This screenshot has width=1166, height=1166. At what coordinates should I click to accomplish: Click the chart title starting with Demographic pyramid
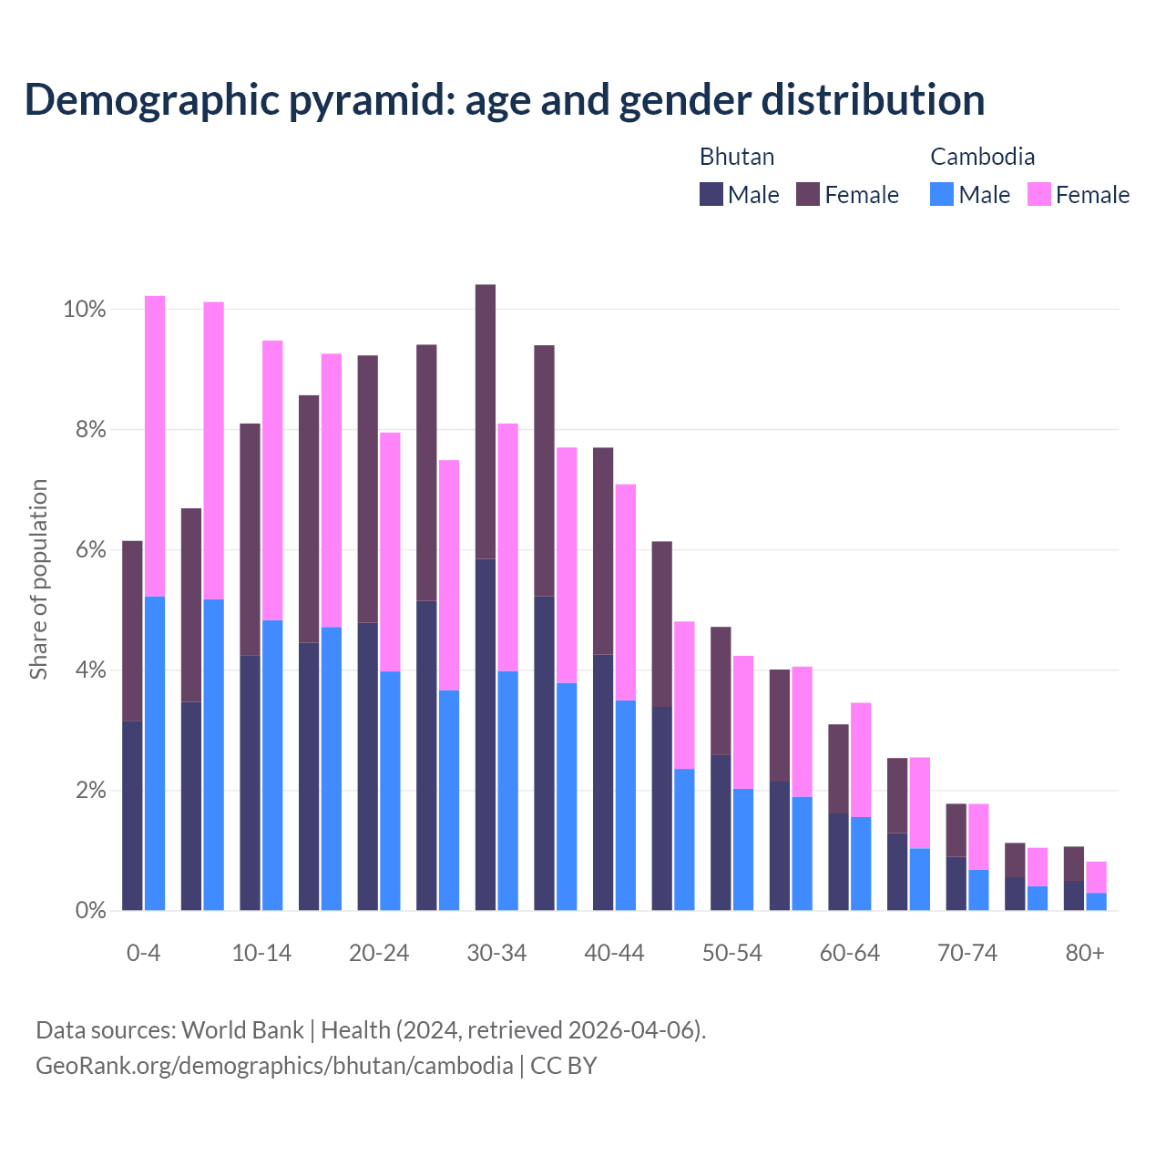coord(504,99)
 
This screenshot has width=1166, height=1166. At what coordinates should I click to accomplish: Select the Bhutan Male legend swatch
coord(711,194)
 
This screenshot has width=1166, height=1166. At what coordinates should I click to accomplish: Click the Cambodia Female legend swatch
coord(1038,194)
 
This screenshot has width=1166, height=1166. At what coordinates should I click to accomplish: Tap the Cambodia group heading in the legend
coord(982,157)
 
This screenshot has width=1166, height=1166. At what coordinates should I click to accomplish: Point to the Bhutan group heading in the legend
coord(736,157)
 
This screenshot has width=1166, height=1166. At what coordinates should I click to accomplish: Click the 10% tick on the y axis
coord(84,310)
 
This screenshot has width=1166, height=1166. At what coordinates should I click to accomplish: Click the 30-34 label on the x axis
coord(496,954)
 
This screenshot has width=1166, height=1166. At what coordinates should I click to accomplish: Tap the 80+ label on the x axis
coord(1085,954)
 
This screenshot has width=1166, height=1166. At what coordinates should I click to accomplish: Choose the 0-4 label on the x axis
coord(144,954)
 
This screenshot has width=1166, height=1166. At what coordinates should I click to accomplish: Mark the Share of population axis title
coord(38,579)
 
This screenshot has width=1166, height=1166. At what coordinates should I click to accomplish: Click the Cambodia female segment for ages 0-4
coord(155,446)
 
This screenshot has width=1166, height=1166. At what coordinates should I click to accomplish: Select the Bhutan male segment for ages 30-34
coord(486,734)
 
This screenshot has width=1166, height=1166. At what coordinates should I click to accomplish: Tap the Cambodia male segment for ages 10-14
coord(272,765)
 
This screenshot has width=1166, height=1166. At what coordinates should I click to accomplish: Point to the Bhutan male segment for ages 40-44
coord(603,782)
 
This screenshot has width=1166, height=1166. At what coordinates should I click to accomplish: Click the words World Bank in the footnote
coord(242,1030)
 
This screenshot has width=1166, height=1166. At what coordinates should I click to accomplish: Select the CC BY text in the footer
coord(563,1066)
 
